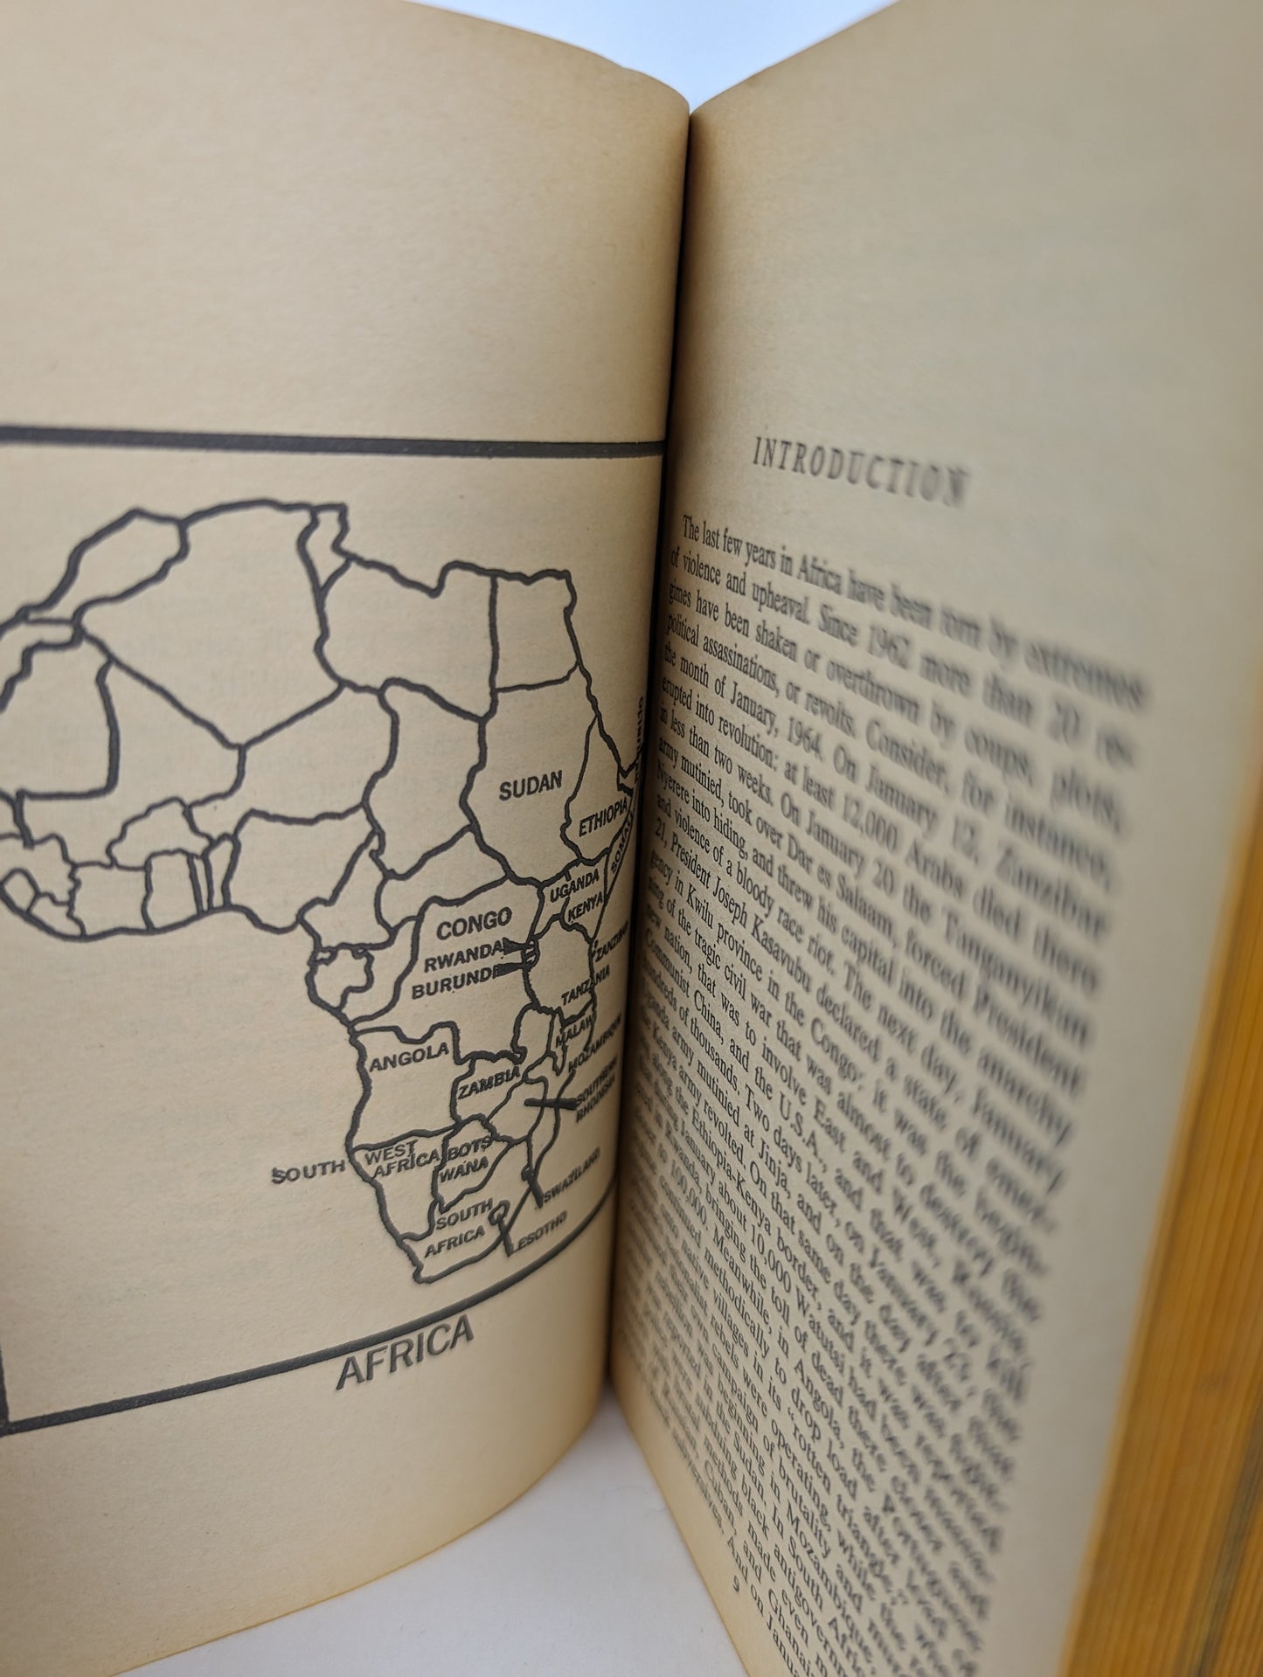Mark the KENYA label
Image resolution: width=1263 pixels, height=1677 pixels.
(583, 911)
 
